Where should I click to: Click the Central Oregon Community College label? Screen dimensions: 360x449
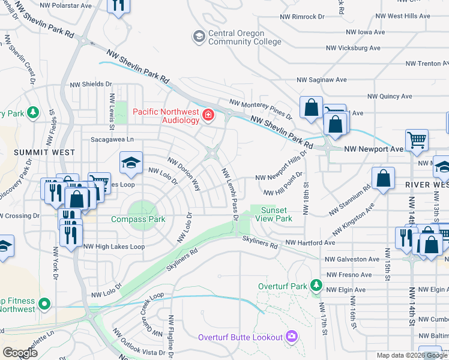[244, 37]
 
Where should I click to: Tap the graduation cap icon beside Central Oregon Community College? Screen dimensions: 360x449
[199, 37]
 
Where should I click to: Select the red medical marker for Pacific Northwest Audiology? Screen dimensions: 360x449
[208, 115]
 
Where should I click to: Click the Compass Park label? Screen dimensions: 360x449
[138, 219]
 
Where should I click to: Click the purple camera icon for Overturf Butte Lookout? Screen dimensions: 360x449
[292, 337]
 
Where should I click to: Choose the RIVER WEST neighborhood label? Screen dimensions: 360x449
[426, 184]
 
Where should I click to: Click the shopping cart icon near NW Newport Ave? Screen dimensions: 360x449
[417, 140]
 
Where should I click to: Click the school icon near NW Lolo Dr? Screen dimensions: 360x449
[131, 161]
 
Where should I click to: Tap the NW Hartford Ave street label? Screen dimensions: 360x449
[310, 242]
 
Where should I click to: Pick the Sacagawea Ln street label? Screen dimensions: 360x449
[112, 139]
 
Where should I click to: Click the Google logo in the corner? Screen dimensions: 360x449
[20, 353]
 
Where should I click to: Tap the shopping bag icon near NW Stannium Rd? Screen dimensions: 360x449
[382, 179]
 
